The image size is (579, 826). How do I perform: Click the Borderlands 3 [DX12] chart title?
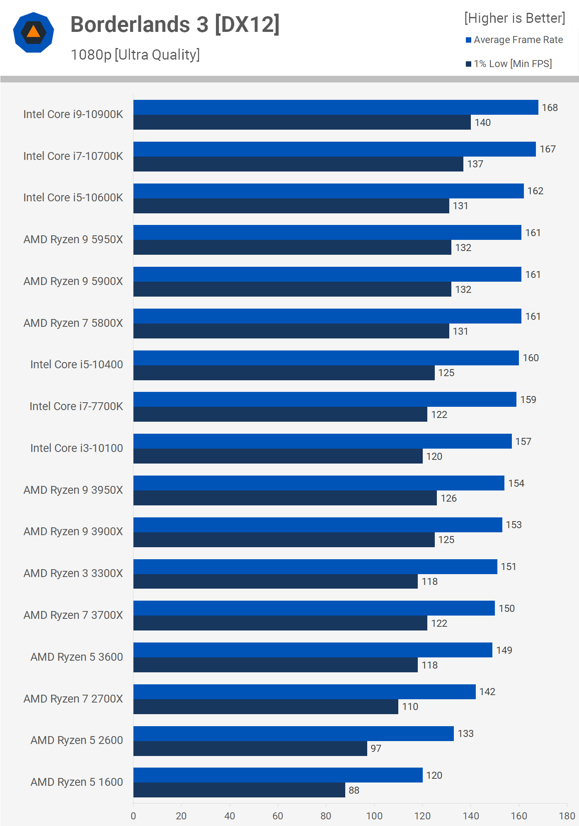click(175, 24)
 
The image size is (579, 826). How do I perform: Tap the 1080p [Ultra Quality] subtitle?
click(135, 55)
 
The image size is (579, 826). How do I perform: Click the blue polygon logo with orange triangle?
click(34, 32)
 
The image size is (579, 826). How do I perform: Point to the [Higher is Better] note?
click(514, 18)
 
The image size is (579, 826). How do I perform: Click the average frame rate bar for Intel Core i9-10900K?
click(336, 107)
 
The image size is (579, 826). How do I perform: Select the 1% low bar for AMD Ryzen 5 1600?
click(239, 790)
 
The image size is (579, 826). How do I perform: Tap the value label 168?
click(550, 108)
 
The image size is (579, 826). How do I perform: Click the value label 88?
click(354, 790)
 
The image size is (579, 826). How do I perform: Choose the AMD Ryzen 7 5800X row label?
click(73, 323)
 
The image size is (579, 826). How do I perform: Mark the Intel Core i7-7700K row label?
click(76, 406)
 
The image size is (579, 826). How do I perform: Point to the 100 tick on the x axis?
click(374, 816)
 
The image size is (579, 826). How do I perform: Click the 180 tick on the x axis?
click(567, 816)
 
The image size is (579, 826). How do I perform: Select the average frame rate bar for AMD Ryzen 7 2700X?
click(304, 692)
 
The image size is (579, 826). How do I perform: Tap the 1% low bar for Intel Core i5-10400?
click(284, 373)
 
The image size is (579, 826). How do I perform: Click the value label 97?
click(376, 749)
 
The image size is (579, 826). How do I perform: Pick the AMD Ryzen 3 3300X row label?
click(73, 573)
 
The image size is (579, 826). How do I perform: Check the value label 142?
click(487, 692)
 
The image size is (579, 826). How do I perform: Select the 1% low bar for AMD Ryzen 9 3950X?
click(285, 498)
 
